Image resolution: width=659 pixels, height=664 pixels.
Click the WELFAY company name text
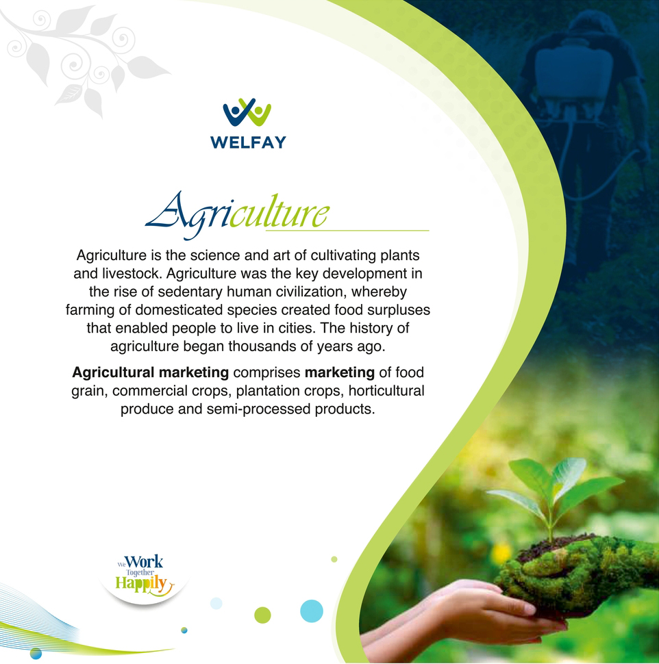249,142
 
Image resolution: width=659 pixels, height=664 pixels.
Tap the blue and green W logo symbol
247,112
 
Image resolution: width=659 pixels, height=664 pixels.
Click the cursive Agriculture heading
237,214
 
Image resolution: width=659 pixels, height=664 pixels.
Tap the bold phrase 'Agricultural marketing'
151,372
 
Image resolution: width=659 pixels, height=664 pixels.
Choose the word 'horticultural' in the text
386,390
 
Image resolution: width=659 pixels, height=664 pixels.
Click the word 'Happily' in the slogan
142,584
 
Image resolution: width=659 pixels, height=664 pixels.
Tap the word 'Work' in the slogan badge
144,562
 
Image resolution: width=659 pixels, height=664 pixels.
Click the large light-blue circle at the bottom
312,611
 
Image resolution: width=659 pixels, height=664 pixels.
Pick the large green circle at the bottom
262,615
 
